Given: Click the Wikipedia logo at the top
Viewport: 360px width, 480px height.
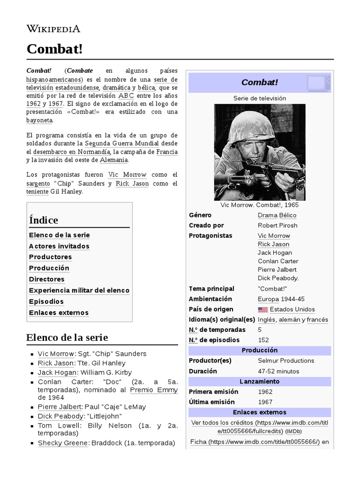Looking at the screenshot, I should pos(53,29).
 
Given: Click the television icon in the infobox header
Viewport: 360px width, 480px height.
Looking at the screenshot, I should pos(319,82).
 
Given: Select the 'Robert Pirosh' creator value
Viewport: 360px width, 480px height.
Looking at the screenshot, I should pos(277,225).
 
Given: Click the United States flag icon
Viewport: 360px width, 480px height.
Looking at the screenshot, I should pos(262,309).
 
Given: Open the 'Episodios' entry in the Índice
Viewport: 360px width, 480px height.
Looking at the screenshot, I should pos(46,301).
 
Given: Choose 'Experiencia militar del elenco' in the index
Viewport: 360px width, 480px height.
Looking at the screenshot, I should pos(79,291).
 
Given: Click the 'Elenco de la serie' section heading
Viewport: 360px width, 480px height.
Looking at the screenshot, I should pos(67,337).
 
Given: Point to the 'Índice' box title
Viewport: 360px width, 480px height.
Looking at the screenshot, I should pos(43,220).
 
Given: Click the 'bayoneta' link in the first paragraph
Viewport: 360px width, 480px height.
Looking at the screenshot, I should pos(39,120).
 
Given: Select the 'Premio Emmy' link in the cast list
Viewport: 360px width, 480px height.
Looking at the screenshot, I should pos(154,390).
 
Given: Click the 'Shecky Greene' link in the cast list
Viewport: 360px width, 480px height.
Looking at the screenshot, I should pos(63,443).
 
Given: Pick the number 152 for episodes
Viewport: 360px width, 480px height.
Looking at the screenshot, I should pos(263,340).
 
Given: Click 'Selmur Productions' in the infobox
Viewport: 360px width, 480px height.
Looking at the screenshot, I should pos(286,360).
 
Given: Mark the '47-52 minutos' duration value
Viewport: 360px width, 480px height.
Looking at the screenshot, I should pos(278,371).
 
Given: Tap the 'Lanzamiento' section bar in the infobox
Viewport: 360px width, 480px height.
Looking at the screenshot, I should pos(259,382).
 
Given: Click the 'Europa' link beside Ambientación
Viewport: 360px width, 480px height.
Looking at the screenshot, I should pos(268,299).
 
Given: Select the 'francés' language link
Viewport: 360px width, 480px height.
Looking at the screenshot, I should pos(317,320).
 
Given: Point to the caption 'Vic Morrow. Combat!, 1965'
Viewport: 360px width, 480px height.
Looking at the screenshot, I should pos(259,205).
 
